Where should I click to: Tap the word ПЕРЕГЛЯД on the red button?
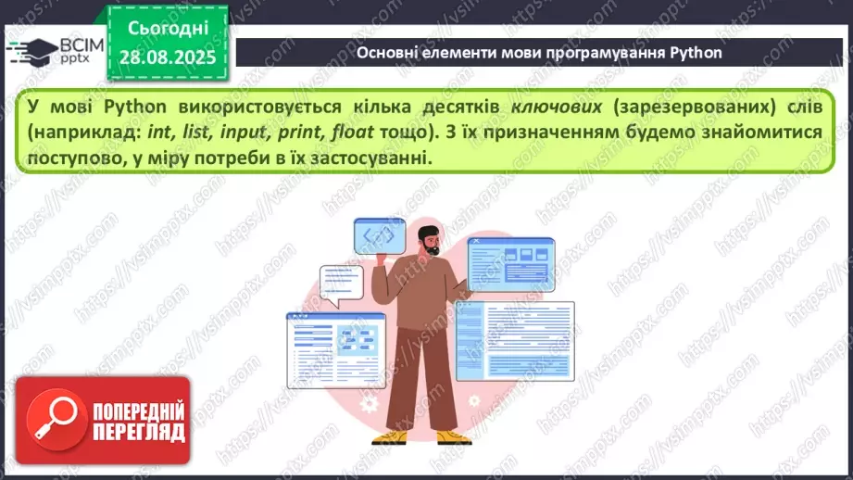pos(138,432)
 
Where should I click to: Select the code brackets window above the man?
pos(378,236)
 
